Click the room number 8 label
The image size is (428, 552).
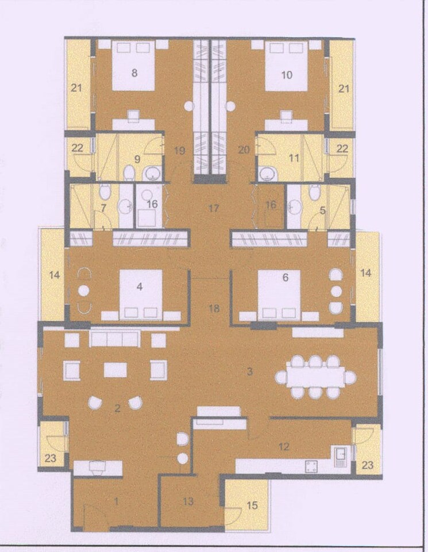click(134, 73)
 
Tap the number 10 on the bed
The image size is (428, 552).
click(287, 74)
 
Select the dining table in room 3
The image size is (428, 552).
click(315, 377)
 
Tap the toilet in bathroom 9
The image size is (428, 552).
click(129, 172)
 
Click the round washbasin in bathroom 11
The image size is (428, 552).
click(266, 172)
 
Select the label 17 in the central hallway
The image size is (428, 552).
click(214, 208)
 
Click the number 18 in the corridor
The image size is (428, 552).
click(214, 309)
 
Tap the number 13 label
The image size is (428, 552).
click(188, 501)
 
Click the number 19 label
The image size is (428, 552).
click(179, 151)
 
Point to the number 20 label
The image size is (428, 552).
click(244, 151)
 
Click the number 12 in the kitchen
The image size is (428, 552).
click(283, 446)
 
